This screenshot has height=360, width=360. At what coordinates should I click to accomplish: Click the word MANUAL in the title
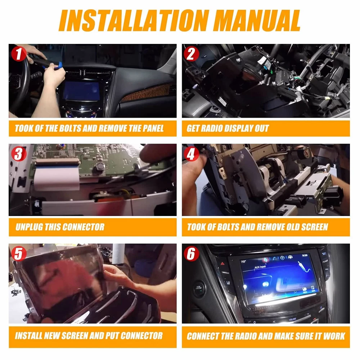click(x=258, y=21)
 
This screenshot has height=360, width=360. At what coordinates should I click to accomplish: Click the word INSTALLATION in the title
click(x=134, y=21)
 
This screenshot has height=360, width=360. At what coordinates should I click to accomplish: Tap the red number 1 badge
click(x=19, y=54)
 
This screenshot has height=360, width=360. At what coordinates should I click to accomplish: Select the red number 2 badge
click(x=191, y=54)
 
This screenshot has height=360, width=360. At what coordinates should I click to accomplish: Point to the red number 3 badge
click(x=19, y=154)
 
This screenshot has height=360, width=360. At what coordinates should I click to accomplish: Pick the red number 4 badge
click(x=191, y=154)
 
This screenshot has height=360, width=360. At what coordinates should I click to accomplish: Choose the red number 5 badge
click(x=19, y=253)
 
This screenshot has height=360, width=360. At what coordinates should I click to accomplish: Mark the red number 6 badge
click(x=191, y=253)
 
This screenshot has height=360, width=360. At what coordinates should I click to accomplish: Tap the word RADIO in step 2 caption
click(x=211, y=129)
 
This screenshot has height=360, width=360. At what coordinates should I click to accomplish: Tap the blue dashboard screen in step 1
click(x=81, y=90)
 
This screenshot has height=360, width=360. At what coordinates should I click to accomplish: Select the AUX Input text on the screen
click(x=260, y=267)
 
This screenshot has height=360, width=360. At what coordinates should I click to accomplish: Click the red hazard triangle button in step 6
click(x=222, y=264)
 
